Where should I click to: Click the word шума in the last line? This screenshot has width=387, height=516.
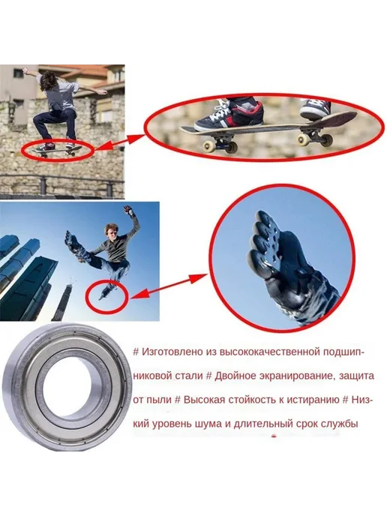209,424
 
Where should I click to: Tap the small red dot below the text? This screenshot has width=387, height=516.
273,436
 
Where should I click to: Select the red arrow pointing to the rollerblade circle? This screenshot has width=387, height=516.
169,286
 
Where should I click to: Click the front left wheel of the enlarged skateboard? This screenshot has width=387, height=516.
209,147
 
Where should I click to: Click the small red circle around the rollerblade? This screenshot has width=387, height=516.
106,295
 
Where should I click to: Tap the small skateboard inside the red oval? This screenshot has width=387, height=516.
57,151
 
